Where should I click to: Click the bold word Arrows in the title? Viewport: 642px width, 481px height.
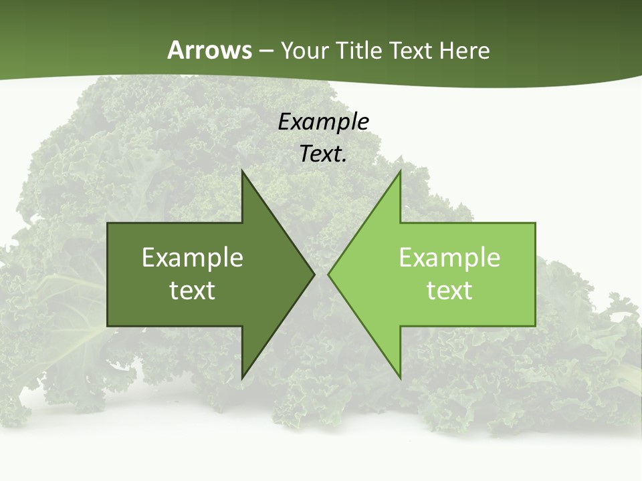[x=209, y=50]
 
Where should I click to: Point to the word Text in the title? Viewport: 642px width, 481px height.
[x=412, y=50]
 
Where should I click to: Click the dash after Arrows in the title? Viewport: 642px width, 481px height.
[x=266, y=51]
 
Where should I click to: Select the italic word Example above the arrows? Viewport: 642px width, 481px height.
[x=324, y=122]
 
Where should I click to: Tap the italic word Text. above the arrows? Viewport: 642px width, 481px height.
[x=324, y=154]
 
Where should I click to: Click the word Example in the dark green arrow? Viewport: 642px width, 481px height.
[x=193, y=258]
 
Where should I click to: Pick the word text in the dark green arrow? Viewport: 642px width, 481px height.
[x=193, y=291]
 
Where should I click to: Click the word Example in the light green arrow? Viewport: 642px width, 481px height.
[x=449, y=258]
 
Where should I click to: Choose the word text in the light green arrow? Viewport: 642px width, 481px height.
[x=449, y=291]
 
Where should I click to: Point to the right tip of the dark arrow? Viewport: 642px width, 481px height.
[x=314, y=275]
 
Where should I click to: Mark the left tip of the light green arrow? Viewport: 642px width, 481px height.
[x=328, y=275]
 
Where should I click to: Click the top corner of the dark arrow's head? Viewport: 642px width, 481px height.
[x=242, y=171]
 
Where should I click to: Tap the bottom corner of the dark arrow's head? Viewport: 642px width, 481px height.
[x=242, y=378]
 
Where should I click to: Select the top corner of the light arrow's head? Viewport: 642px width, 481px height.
[x=400, y=171]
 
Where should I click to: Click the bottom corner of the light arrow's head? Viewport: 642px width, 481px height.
[x=400, y=378]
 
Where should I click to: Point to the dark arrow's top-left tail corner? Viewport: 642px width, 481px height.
[x=108, y=223]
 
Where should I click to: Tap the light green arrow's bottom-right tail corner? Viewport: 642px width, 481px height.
[x=535, y=326]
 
